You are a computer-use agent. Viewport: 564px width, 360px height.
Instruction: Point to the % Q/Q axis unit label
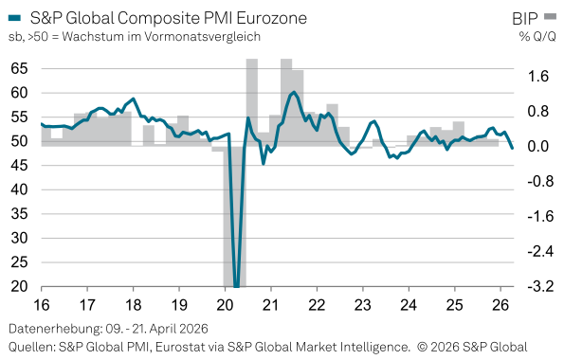pos(537,37)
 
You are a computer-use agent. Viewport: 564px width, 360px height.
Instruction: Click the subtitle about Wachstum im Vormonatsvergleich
pos(134,37)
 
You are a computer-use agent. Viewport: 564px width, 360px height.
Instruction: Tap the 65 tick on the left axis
pos(19,68)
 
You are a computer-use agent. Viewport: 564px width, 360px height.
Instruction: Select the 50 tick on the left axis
pos(19,141)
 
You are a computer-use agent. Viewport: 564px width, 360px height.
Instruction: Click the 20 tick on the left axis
pos(19,287)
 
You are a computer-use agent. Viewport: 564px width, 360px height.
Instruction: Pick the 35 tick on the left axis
pos(19,214)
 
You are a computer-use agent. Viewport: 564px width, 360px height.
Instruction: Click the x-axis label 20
pos(225,305)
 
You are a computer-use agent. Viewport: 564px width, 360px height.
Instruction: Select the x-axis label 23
pos(362,305)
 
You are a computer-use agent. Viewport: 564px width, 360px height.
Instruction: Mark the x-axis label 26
pos(500,305)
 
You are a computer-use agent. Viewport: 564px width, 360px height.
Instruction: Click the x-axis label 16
pos(42,305)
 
